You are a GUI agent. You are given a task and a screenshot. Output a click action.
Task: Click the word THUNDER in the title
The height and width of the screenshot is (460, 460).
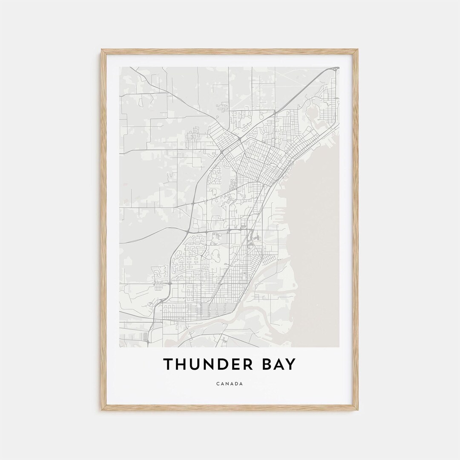pyautogui.click(x=207, y=365)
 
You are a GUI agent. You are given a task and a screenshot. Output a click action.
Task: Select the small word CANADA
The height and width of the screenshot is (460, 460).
pyautogui.click(x=230, y=384)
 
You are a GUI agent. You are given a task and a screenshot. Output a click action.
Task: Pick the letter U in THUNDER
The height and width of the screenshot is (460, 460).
pyautogui.click(x=196, y=365)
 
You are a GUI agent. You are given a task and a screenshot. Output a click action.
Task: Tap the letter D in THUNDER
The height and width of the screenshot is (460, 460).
pyautogui.click(x=225, y=365)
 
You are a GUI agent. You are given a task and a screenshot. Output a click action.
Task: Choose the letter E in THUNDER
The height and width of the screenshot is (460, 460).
pyautogui.click(x=239, y=365)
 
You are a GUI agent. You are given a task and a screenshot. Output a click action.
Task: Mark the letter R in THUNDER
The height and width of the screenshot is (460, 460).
pyautogui.click(x=250, y=365)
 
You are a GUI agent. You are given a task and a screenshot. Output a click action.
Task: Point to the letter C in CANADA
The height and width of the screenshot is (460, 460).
pyautogui.click(x=218, y=384)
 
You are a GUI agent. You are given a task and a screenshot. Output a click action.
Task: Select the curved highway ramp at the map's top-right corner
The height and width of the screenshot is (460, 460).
pyautogui.click(x=335, y=68)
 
